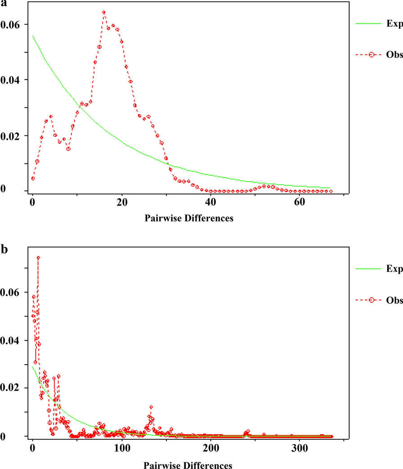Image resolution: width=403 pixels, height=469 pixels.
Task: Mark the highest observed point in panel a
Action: (104, 13)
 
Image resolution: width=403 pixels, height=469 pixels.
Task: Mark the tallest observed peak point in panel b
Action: (38, 258)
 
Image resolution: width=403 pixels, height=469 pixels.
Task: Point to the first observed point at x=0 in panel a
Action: (33, 179)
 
